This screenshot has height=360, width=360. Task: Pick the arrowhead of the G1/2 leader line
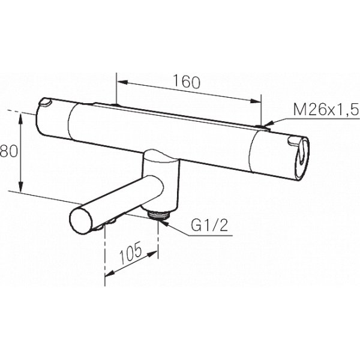coord(163,220)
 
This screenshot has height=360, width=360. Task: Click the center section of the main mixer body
coord(162,129)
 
